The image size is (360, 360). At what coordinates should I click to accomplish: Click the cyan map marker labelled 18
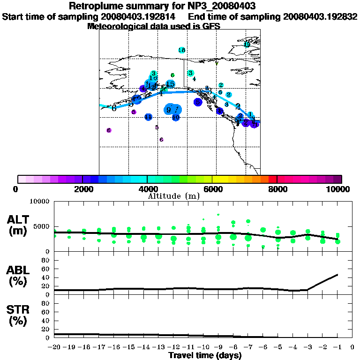(x=182, y=50)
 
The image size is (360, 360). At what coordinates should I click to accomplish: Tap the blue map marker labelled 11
(x=148, y=117)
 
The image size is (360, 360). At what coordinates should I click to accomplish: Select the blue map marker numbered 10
(x=176, y=117)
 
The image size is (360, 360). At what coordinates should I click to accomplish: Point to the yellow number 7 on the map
(x=217, y=64)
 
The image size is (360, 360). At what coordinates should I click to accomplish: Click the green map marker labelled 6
(x=172, y=75)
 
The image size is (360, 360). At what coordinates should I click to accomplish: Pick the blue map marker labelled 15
(x=170, y=84)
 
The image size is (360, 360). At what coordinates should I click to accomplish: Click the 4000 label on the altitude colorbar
(x=147, y=189)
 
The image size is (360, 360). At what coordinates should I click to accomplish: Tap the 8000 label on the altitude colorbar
(x=277, y=189)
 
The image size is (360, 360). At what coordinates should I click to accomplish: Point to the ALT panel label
(x=19, y=225)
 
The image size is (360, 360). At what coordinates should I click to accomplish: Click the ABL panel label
(x=19, y=276)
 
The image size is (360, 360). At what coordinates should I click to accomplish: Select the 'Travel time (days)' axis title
(x=205, y=356)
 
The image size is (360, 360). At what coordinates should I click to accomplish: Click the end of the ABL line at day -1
(x=337, y=275)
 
